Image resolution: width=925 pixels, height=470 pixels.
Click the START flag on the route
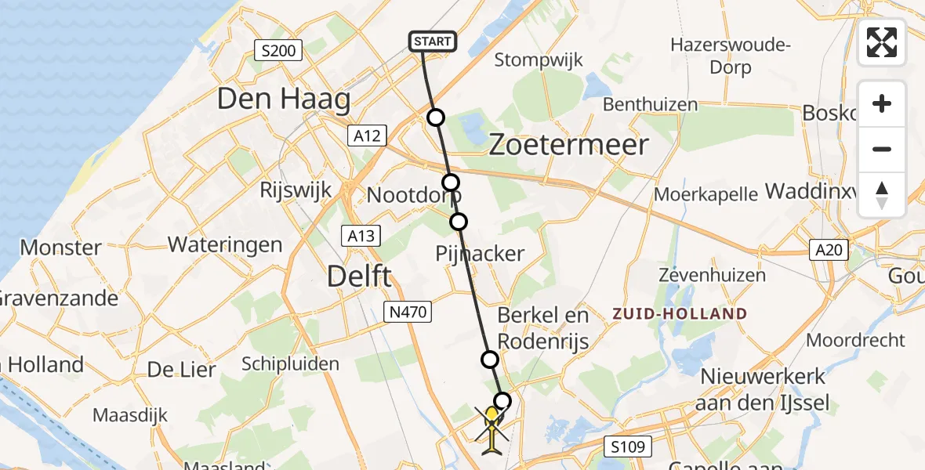click(432, 42)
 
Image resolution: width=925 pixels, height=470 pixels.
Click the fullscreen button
click(882, 42)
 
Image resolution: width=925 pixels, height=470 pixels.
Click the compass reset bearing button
click(882, 195)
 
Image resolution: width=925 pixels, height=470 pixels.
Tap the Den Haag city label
click(283, 99)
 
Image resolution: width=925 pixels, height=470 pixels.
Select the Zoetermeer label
click(569, 144)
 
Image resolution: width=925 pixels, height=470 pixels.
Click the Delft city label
click(359, 277)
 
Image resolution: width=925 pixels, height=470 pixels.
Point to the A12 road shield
click(366, 136)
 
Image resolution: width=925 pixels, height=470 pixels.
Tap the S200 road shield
click(278, 52)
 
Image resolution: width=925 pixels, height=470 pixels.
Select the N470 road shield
click(408, 312)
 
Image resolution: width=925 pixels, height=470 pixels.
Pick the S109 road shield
click(629, 447)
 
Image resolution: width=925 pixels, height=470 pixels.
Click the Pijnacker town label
click(480, 253)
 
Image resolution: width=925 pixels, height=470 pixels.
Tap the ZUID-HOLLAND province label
click(680, 314)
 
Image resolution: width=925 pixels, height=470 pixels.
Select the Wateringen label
click(225, 244)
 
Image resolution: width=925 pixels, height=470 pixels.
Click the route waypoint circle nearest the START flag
click(436, 117)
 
